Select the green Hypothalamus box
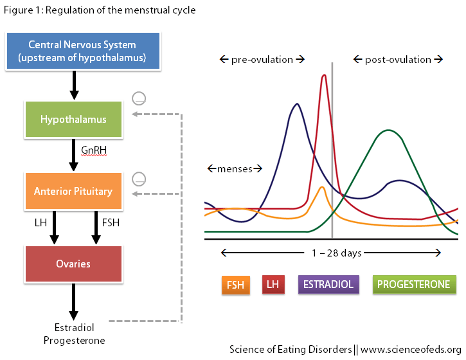click(x=74, y=120)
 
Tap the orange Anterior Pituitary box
click(x=74, y=191)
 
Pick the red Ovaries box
click(x=74, y=264)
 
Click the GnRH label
click(x=94, y=150)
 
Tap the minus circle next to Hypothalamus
click(x=139, y=99)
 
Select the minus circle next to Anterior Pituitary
click(x=139, y=178)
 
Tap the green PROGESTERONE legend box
click(x=414, y=284)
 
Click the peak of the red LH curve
click(x=323, y=75)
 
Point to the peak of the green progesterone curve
click(x=388, y=130)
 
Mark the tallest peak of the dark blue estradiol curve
click(x=296, y=104)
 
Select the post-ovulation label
click(x=398, y=60)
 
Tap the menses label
click(x=235, y=169)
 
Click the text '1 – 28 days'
click(x=337, y=253)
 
